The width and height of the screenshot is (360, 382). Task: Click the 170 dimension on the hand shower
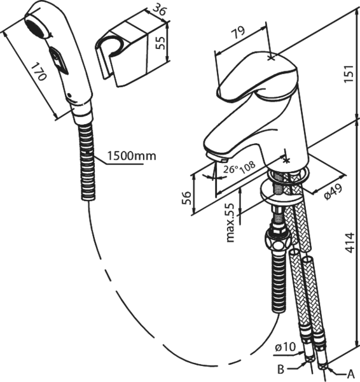coord(39,72)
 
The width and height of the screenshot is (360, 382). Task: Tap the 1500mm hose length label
coord(132,156)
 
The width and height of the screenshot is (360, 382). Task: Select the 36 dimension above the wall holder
coord(159,10)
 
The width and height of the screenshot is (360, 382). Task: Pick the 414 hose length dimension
coord(350,243)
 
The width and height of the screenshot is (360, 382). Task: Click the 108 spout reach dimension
coord(248,166)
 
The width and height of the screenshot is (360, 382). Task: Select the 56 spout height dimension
coord(187,198)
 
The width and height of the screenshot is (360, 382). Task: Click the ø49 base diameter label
coord(333,192)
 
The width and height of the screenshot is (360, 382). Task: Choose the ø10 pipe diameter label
coord(285,347)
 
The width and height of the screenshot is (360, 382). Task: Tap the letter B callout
coord(281,369)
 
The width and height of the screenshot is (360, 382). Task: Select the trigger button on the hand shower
coord(59,60)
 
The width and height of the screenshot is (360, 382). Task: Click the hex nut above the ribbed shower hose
coord(277,239)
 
